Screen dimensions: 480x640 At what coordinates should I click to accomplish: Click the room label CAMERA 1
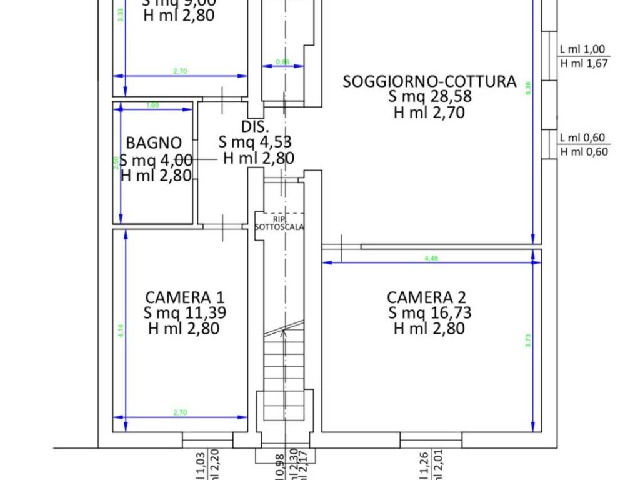coord(184,297)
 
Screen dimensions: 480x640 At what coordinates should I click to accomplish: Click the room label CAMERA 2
coord(426,297)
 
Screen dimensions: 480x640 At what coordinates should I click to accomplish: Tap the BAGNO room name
coord(154,142)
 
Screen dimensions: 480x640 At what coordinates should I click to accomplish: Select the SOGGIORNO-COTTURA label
coord(429,81)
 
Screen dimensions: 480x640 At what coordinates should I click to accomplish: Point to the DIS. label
coord(255,126)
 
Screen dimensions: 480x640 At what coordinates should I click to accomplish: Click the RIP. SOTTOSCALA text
coord(279,223)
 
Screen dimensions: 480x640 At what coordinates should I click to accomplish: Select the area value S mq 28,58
coord(429,97)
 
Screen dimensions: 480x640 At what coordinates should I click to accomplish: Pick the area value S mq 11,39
coord(184,312)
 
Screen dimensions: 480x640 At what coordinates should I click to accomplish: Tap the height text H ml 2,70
coord(429,113)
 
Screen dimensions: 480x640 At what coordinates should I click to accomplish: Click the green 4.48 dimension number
coord(431,258)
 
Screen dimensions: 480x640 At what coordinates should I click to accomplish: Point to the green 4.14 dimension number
coord(121,330)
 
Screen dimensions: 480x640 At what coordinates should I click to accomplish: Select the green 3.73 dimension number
coord(527,340)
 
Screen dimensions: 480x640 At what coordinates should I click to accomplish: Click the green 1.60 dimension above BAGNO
coord(152,105)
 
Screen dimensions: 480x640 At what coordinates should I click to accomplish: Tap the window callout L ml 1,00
coord(582,49)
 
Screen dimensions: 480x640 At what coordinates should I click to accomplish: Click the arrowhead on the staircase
coord(284,332)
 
